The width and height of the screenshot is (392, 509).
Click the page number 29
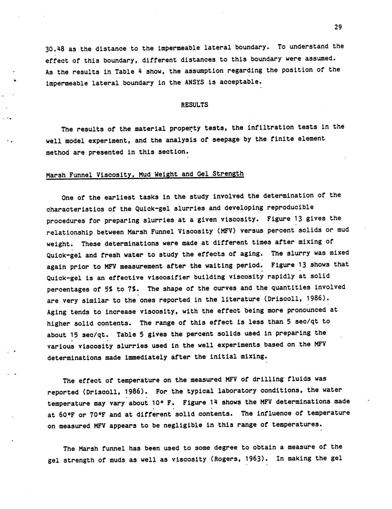(338, 27)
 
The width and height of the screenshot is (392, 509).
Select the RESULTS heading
(194, 105)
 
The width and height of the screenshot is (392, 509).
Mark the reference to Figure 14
(197, 402)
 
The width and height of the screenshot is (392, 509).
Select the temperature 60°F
(67, 415)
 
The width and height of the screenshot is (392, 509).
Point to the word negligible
(196, 425)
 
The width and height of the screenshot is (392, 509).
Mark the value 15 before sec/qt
(62, 335)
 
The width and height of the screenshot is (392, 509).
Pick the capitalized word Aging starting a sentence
(57, 312)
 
